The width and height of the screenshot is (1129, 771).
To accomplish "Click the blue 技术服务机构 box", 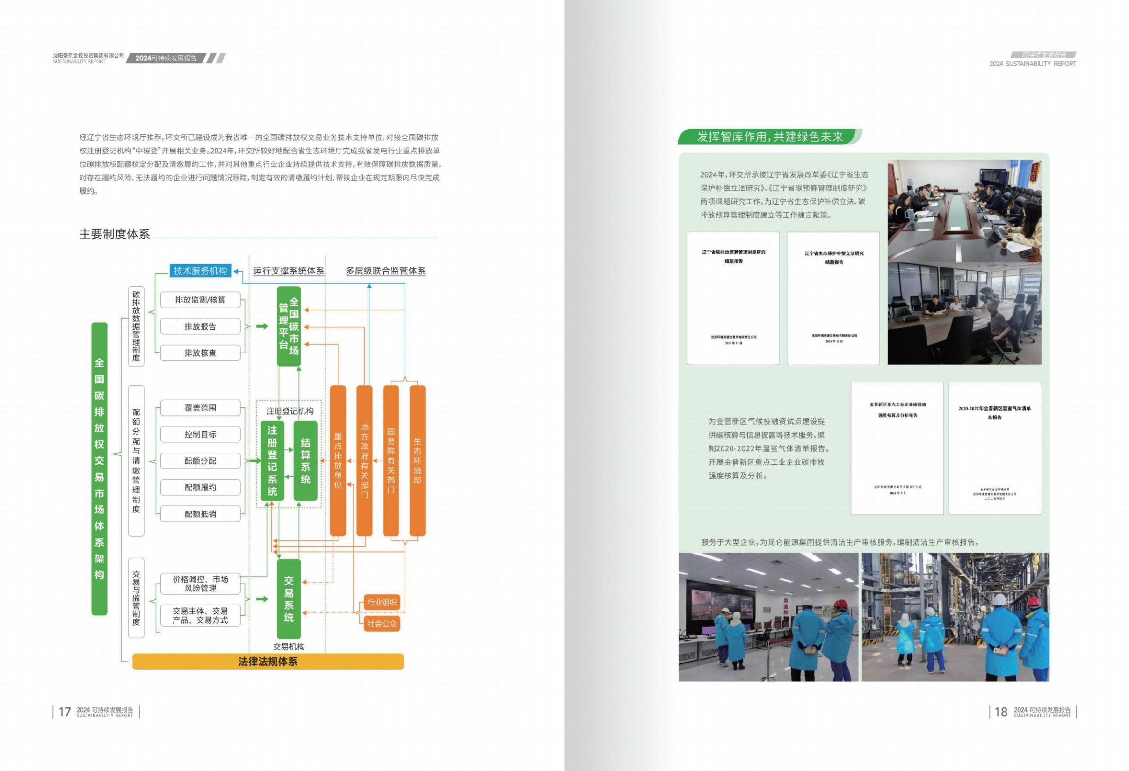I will click(200, 271).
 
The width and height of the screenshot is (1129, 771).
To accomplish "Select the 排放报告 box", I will click(200, 327).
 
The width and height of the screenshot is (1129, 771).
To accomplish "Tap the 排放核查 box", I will click(200, 353).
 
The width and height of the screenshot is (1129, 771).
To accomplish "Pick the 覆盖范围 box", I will click(200, 408).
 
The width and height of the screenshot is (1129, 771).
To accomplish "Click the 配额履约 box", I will click(200, 488).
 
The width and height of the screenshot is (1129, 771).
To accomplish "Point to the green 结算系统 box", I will click(305, 461).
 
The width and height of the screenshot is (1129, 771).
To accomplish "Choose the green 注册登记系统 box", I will click(272, 461).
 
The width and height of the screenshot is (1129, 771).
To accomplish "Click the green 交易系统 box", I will click(289, 599).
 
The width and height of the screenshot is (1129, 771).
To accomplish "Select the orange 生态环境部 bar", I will click(417, 461).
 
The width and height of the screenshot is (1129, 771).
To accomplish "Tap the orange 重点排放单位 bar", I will click(338, 461).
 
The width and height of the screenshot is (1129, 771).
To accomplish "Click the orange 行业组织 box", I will click(382, 603).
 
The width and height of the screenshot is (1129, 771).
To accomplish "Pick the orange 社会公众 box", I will click(382, 624).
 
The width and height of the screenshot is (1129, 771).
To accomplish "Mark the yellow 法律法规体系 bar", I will click(268, 662).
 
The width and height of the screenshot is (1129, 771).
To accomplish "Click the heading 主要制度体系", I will click(115, 234).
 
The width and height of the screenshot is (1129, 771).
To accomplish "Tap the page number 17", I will click(65, 712).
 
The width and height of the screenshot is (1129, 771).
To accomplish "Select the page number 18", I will click(1001, 712).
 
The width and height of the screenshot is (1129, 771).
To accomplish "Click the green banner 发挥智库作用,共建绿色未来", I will click(770, 137).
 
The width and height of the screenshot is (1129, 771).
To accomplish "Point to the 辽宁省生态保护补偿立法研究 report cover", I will click(833, 298).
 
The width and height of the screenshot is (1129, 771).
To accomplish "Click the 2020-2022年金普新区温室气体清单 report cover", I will click(994, 448).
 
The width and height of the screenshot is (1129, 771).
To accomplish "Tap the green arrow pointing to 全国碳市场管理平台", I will click(262, 326).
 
